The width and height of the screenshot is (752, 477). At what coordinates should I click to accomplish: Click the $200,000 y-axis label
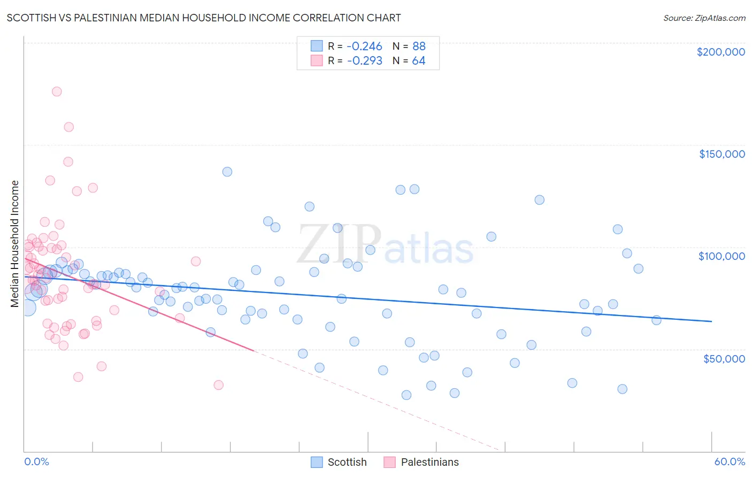point(720,52)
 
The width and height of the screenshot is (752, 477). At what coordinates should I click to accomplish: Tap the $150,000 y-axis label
point(722,154)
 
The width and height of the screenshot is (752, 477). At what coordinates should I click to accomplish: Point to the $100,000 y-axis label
point(722,256)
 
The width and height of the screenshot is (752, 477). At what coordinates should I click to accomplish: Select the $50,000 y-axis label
point(724,358)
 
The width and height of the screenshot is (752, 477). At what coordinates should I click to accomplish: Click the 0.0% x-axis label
point(36,461)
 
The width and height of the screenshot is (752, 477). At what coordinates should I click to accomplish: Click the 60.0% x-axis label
point(729,461)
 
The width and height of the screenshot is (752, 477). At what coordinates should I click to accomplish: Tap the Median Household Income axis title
point(15,244)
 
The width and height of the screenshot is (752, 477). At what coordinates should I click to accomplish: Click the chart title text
point(204,18)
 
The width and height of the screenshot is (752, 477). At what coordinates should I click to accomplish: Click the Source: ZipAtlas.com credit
point(704,18)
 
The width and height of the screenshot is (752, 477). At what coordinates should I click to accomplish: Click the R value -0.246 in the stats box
point(364,46)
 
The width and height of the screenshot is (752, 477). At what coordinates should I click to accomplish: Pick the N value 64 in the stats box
point(418,61)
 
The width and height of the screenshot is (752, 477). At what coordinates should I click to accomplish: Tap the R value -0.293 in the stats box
point(364,61)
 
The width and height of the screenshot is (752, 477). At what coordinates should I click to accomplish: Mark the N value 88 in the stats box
point(418,46)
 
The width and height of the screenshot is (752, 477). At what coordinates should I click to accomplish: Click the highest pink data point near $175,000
point(57,91)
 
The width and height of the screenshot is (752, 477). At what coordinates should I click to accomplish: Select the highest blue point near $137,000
point(227,172)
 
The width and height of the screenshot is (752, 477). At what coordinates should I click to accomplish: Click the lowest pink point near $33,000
point(218,385)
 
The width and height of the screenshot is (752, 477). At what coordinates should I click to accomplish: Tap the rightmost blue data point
point(656,320)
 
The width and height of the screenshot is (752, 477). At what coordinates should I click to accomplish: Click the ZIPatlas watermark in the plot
point(385,245)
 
